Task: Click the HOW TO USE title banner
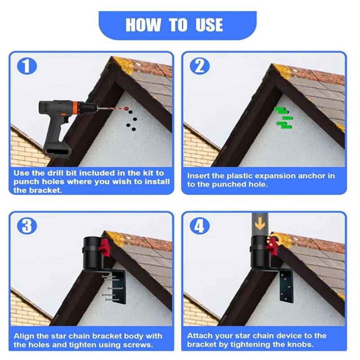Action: pyautogui.click(x=177, y=25)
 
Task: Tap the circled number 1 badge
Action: pyautogui.click(x=27, y=66)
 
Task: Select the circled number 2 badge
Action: pyautogui.click(x=200, y=66)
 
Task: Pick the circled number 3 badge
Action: pyautogui.click(x=27, y=226)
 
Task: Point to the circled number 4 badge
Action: pyautogui.click(x=200, y=226)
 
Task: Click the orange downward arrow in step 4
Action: pyautogui.click(x=260, y=223)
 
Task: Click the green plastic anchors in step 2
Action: pyautogui.click(x=283, y=118)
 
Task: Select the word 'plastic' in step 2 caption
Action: pyautogui.click(x=239, y=176)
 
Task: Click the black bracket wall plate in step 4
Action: pyautogui.click(x=286, y=287)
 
